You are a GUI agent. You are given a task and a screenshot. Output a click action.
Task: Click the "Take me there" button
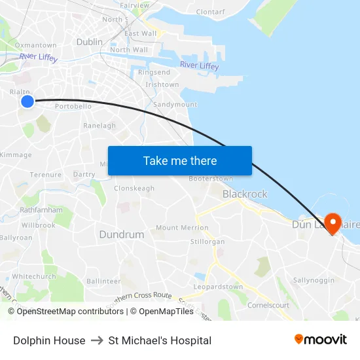click(x=180, y=160)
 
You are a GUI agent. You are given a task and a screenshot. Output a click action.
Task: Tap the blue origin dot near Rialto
click(x=27, y=101)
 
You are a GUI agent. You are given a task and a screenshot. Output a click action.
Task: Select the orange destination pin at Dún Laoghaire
click(x=332, y=224)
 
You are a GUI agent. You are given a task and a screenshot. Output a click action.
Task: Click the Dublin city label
click(x=90, y=41)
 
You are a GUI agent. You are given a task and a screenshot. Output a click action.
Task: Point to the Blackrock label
click(x=245, y=194)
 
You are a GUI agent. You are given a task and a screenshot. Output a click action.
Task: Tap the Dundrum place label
click(x=121, y=234)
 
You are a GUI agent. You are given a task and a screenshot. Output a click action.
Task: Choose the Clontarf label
click(x=210, y=12)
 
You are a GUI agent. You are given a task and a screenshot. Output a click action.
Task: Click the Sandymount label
click(x=175, y=104)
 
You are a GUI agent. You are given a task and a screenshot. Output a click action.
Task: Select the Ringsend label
click(x=154, y=72)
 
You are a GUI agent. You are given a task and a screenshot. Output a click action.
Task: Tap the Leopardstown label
click(x=219, y=287)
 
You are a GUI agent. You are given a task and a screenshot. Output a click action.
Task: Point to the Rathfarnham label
click(x=45, y=210)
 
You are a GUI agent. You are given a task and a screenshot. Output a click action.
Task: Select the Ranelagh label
click(x=99, y=126)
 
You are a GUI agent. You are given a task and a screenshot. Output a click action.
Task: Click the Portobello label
click(x=73, y=106)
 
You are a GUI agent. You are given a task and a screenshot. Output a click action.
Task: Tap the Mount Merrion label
click(x=182, y=228)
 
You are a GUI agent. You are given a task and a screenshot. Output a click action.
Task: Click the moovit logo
click(x=320, y=340)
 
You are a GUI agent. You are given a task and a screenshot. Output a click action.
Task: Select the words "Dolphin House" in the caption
click(x=49, y=340)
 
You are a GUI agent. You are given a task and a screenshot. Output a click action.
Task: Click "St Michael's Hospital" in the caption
click(x=160, y=340)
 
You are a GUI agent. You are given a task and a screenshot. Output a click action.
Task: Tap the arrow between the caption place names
click(x=97, y=340)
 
